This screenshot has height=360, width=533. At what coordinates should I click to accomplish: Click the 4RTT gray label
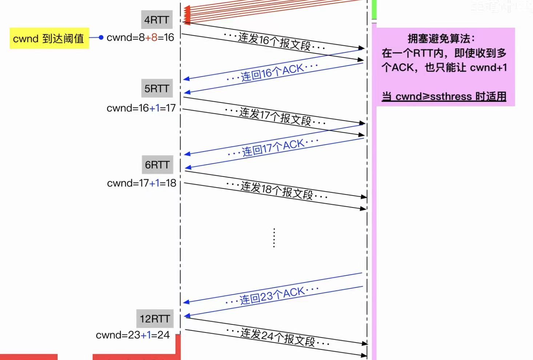157,20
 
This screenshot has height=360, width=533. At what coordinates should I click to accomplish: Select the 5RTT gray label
157,89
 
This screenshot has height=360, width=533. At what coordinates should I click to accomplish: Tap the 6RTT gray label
157,165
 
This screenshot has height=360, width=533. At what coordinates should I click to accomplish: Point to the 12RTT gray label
155,319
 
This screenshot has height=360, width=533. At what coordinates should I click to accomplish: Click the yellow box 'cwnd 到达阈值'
49,39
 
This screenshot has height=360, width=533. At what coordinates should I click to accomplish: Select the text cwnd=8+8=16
140,37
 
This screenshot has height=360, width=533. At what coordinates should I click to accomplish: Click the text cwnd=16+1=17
141,108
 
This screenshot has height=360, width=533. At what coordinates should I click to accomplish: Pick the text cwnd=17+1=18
141,183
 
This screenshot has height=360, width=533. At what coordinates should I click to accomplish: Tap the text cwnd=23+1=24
133,335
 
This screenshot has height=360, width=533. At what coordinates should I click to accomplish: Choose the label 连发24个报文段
278,337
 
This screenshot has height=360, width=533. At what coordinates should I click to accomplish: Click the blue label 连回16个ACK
272,72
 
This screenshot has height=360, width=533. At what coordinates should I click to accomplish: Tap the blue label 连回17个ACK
273,147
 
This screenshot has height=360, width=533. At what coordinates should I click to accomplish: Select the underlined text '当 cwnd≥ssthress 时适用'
444,96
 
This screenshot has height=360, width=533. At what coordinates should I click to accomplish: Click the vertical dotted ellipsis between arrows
274,238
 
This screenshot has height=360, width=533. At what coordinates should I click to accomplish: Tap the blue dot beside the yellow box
101,37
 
